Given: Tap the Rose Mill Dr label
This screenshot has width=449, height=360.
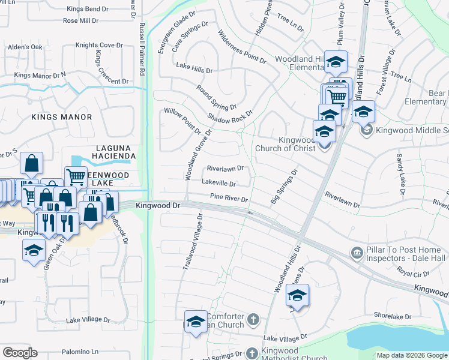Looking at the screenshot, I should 80,21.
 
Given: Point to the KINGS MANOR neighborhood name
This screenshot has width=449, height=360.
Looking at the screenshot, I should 62,117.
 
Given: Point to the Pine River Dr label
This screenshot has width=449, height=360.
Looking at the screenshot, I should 229,197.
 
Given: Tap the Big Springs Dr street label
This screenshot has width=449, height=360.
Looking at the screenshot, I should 284,187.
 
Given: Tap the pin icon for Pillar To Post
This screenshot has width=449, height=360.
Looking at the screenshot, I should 357,253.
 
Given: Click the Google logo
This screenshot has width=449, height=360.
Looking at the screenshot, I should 20,353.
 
